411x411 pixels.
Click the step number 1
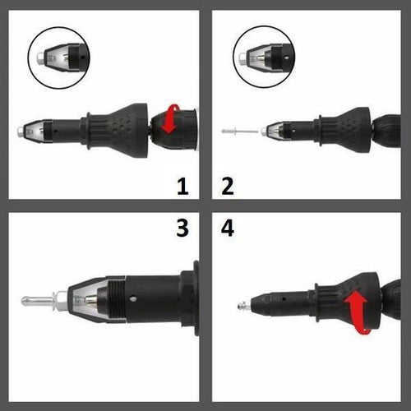click(x=182, y=187)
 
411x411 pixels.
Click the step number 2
click(x=228, y=187)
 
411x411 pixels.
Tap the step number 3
click(x=182, y=228)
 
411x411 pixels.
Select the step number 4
click(x=228, y=228)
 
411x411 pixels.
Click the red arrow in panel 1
click(x=170, y=119)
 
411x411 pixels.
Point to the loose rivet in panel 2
click(x=240, y=132)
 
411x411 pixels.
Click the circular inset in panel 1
click(x=58, y=58)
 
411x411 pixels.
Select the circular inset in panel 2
click(x=264, y=57)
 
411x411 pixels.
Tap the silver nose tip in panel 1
click(x=21, y=132)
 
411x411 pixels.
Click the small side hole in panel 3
click(x=133, y=298)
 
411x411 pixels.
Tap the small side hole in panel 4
click(x=284, y=299)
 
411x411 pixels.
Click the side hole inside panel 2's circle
click(x=286, y=58)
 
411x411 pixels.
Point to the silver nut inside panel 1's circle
click(x=40, y=58)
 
